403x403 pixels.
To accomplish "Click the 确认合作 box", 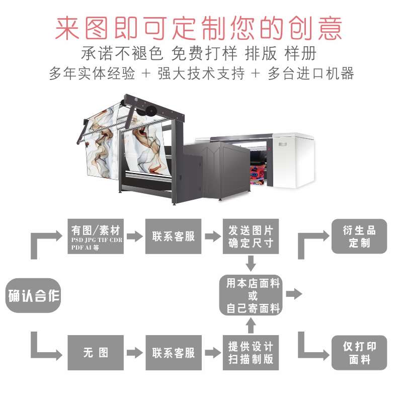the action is [x=33, y=295].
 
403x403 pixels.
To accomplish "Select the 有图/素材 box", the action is [x=96, y=236].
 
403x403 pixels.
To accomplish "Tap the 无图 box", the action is [x=96, y=352].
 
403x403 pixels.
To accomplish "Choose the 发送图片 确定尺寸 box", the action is [x=251, y=236].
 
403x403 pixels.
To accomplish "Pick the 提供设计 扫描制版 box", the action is [x=251, y=352].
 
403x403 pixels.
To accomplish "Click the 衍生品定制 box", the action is [x=359, y=236].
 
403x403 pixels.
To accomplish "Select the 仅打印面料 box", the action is [x=359, y=353].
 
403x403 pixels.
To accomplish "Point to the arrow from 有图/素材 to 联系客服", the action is [x=134, y=236].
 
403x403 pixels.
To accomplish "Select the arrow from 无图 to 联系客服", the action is [x=134, y=352].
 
